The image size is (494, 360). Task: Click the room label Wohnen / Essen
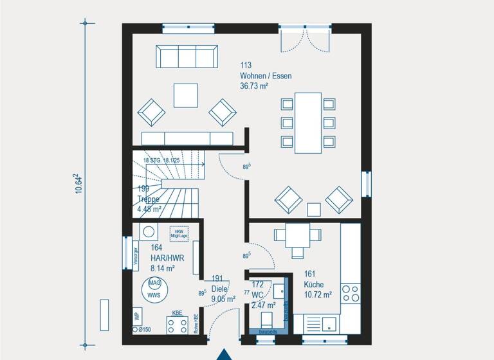266,76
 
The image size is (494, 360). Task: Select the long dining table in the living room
308,123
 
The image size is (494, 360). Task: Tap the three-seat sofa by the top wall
185,57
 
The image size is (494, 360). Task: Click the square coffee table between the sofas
186,95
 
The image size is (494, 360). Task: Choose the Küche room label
315,284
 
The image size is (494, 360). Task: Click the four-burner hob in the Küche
351,293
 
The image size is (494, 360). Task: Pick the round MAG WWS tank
154,289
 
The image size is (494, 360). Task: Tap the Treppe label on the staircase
148,199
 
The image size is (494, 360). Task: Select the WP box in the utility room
137,317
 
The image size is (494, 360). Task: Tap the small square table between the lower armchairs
313,209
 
